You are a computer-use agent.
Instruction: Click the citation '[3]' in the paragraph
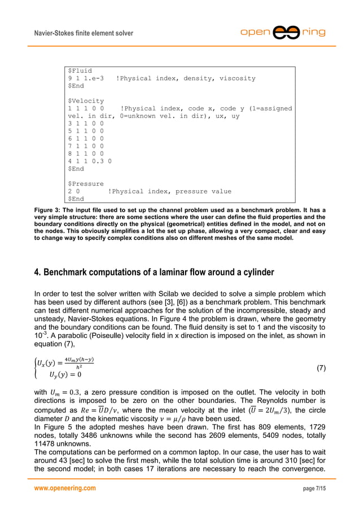pyautogui.click(x=172, y=300)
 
